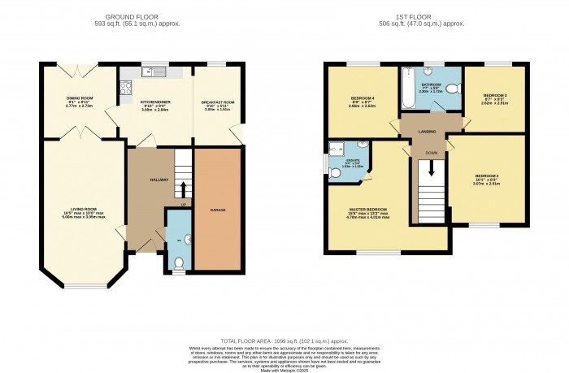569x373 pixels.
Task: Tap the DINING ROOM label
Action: [80, 98]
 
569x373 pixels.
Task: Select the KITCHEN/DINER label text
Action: [154, 102]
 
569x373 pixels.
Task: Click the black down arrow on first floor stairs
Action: [431, 169]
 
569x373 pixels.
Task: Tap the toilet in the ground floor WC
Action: [179, 262]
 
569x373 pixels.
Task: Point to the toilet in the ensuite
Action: [335, 172]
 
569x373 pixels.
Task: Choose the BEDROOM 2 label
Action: [486, 176]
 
